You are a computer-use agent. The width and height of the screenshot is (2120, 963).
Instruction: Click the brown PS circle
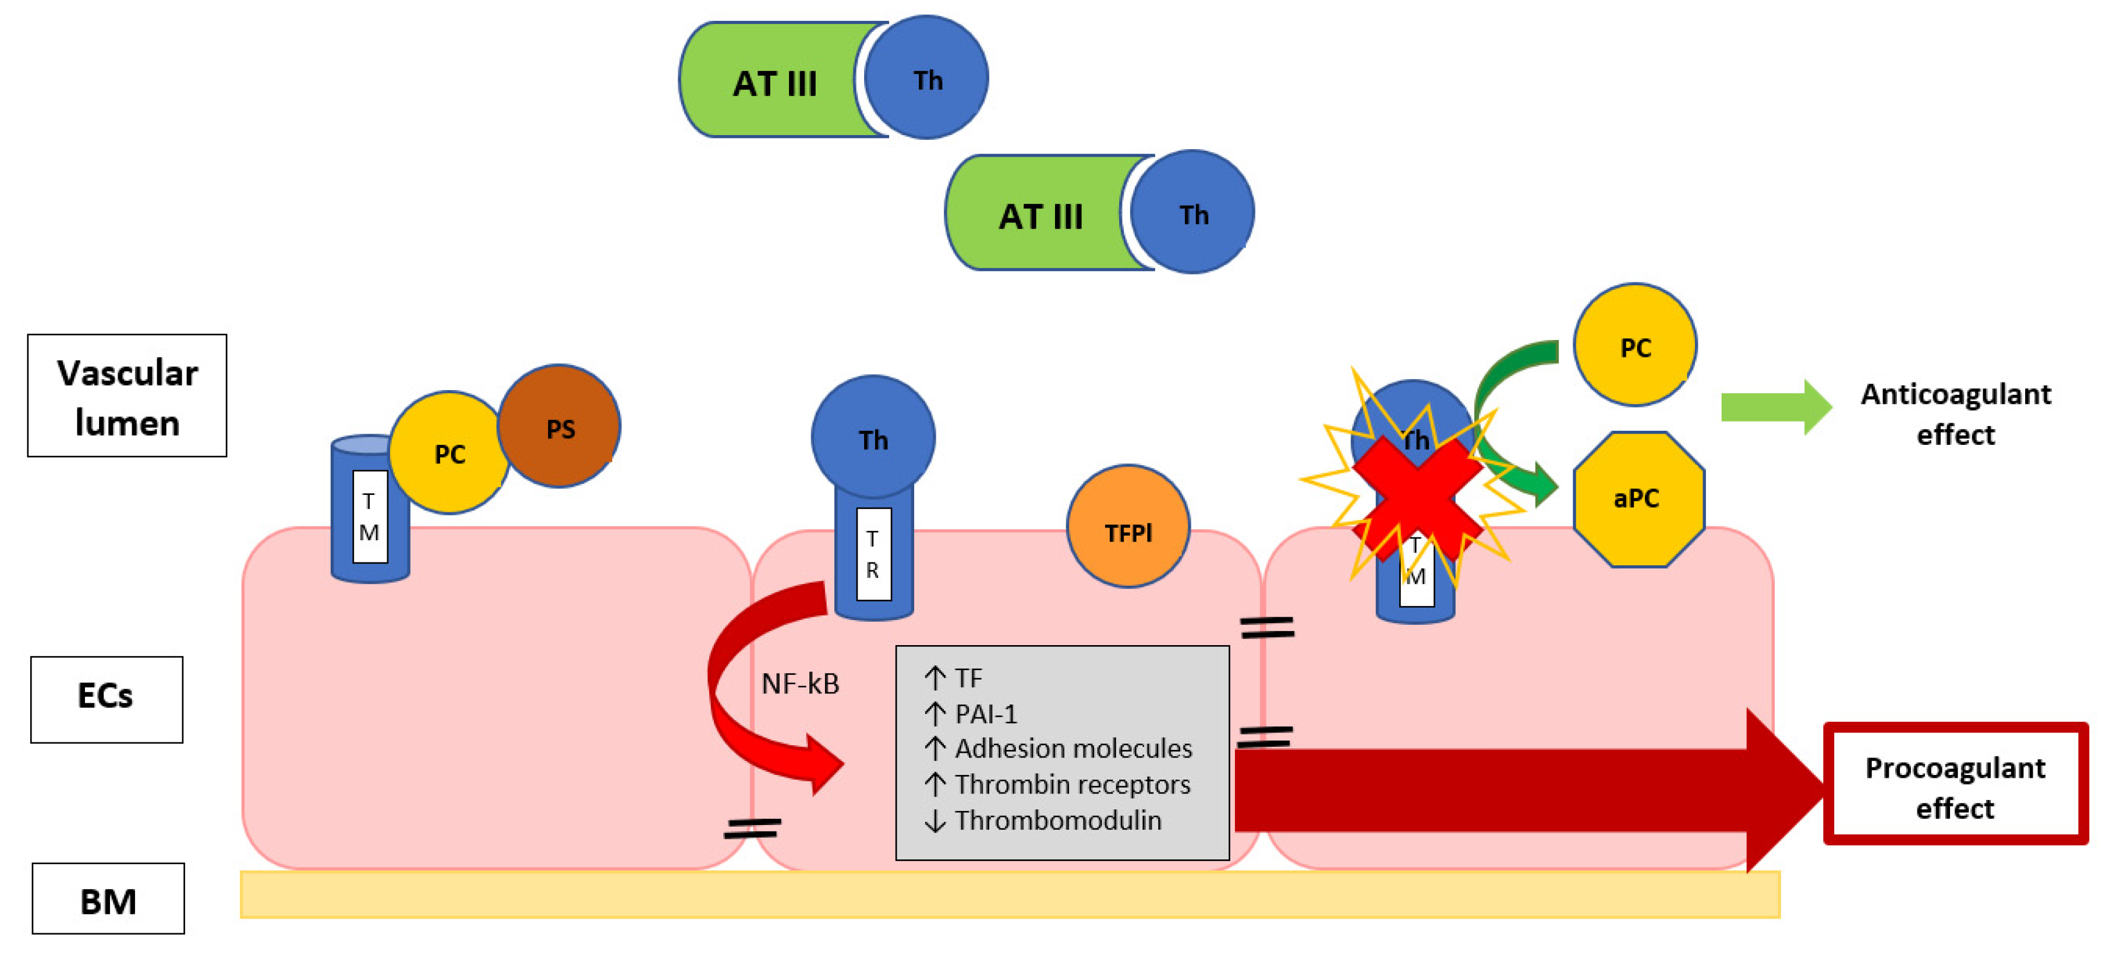pos(560,426)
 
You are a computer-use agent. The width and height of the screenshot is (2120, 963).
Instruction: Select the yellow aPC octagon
pos(1638,500)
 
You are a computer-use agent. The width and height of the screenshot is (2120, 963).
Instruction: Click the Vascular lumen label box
pos(127,396)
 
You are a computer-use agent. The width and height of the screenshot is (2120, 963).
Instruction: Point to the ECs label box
pos(106,699)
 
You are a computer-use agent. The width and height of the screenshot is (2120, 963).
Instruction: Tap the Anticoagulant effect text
pos(1955,414)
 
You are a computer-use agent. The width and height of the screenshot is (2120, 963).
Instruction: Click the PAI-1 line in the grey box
pos(985,714)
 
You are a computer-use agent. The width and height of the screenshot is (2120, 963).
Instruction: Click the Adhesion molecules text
pos(1073,748)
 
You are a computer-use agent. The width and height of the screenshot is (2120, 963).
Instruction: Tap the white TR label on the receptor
pos(873,554)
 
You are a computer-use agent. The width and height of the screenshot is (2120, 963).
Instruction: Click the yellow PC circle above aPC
pos(1634,346)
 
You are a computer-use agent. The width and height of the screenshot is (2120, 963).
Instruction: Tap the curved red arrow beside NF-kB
pos(741,691)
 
